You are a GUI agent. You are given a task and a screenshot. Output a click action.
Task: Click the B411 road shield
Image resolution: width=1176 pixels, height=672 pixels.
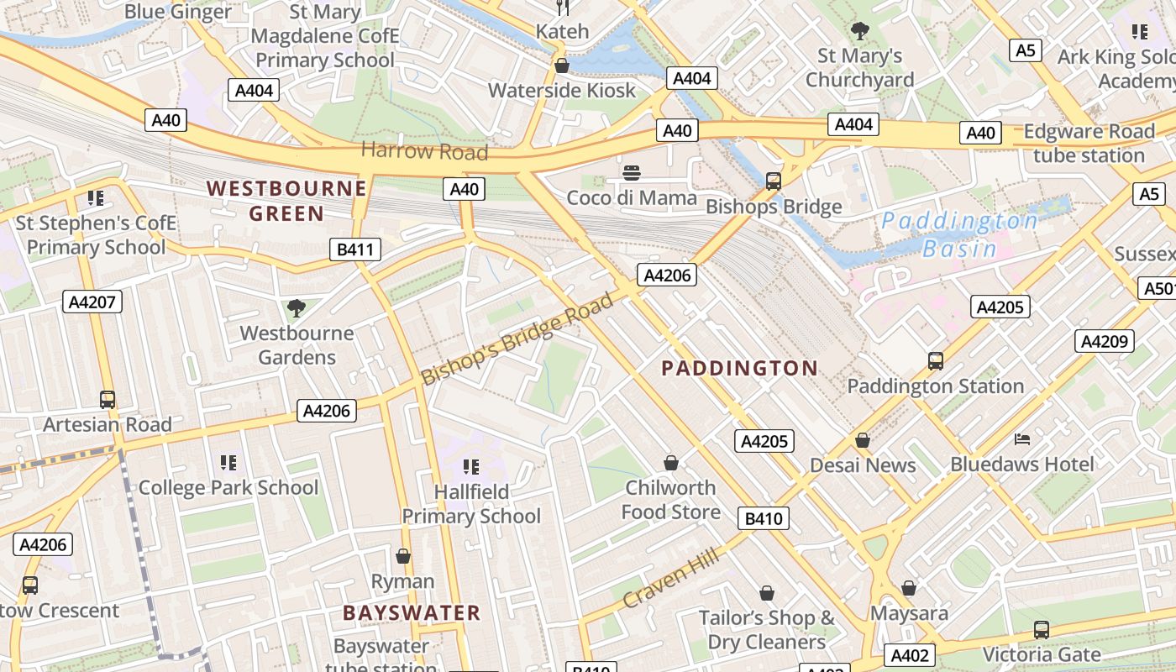(354, 249)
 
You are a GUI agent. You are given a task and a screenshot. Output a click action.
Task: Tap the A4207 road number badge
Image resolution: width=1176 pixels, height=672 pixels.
(92, 302)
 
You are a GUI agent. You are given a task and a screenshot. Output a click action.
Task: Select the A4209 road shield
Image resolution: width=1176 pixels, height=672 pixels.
(1105, 341)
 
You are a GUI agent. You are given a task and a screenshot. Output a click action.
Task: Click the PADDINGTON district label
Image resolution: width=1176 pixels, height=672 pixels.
(739, 368)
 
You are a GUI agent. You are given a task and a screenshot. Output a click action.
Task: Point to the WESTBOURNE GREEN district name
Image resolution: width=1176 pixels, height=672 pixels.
(287, 201)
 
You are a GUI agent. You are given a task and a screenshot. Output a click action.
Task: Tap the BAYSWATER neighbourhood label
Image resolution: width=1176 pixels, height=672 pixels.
(412, 612)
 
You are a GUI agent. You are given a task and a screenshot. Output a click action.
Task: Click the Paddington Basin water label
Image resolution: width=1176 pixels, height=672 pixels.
(959, 235)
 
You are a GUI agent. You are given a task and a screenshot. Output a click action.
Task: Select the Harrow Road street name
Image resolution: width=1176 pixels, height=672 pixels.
(424, 151)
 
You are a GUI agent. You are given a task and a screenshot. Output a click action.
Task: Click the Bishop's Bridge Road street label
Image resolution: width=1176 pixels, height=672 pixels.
(517, 339)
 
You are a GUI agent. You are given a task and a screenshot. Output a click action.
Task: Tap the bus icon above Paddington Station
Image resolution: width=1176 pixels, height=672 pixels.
(935, 361)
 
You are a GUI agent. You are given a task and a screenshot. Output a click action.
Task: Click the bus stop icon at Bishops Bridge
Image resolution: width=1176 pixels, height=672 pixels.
(773, 181)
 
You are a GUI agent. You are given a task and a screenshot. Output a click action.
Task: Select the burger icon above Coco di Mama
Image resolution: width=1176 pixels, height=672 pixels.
(632, 173)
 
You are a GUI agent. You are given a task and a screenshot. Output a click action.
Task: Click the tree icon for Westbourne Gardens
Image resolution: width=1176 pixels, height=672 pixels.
(296, 308)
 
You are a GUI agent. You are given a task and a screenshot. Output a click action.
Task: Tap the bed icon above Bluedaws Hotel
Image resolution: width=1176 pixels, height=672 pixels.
(1022, 439)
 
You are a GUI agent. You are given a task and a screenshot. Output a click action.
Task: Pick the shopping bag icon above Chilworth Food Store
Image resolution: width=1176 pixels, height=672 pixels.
(670, 463)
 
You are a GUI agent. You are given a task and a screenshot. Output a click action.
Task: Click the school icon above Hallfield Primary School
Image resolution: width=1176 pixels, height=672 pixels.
(470, 466)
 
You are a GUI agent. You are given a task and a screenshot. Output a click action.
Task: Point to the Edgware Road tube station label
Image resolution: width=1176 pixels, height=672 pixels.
(1089, 144)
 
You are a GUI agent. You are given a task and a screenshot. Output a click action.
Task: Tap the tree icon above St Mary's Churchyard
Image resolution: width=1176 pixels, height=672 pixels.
(859, 32)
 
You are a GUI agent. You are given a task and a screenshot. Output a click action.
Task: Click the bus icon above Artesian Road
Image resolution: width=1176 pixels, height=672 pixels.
(107, 400)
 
